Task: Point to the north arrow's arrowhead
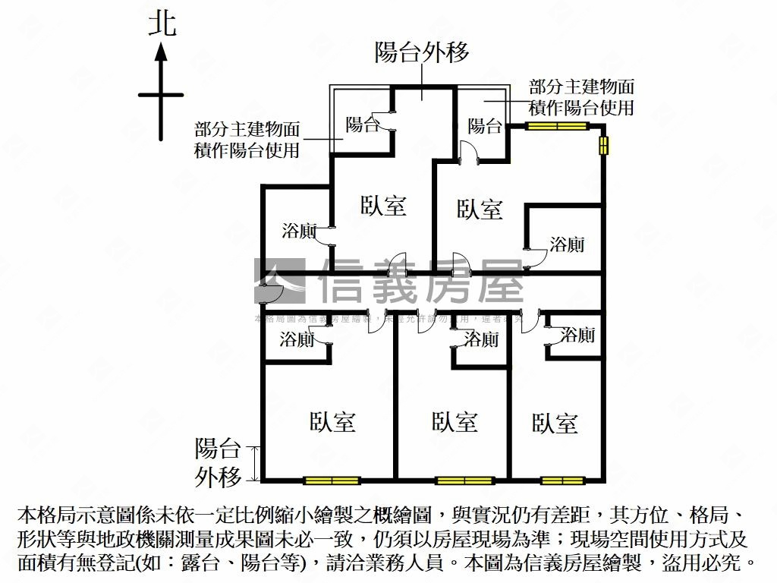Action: click(161, 52)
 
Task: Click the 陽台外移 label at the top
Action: click(422, 52)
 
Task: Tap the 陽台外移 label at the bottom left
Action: click(218, 462)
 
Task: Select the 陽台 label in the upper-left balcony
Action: click(362, 124)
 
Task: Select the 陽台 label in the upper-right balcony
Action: click(484, 125)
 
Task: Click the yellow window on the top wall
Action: click(558, 126)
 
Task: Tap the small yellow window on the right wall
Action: click(604, 145)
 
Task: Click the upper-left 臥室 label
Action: click(383, 206)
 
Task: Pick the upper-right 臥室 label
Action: click(480, 210)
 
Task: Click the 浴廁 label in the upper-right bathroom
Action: click(567, 244)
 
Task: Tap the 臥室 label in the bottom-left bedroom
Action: click(332, 422)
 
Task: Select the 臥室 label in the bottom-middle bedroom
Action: click(455, 422)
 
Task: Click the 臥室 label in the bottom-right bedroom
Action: click(555, 423)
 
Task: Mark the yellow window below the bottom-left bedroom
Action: click(332, 480)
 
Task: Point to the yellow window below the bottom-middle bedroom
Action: click(464, 480)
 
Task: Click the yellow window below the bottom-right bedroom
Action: click(562, 480)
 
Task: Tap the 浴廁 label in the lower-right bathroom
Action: click(578, 334)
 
